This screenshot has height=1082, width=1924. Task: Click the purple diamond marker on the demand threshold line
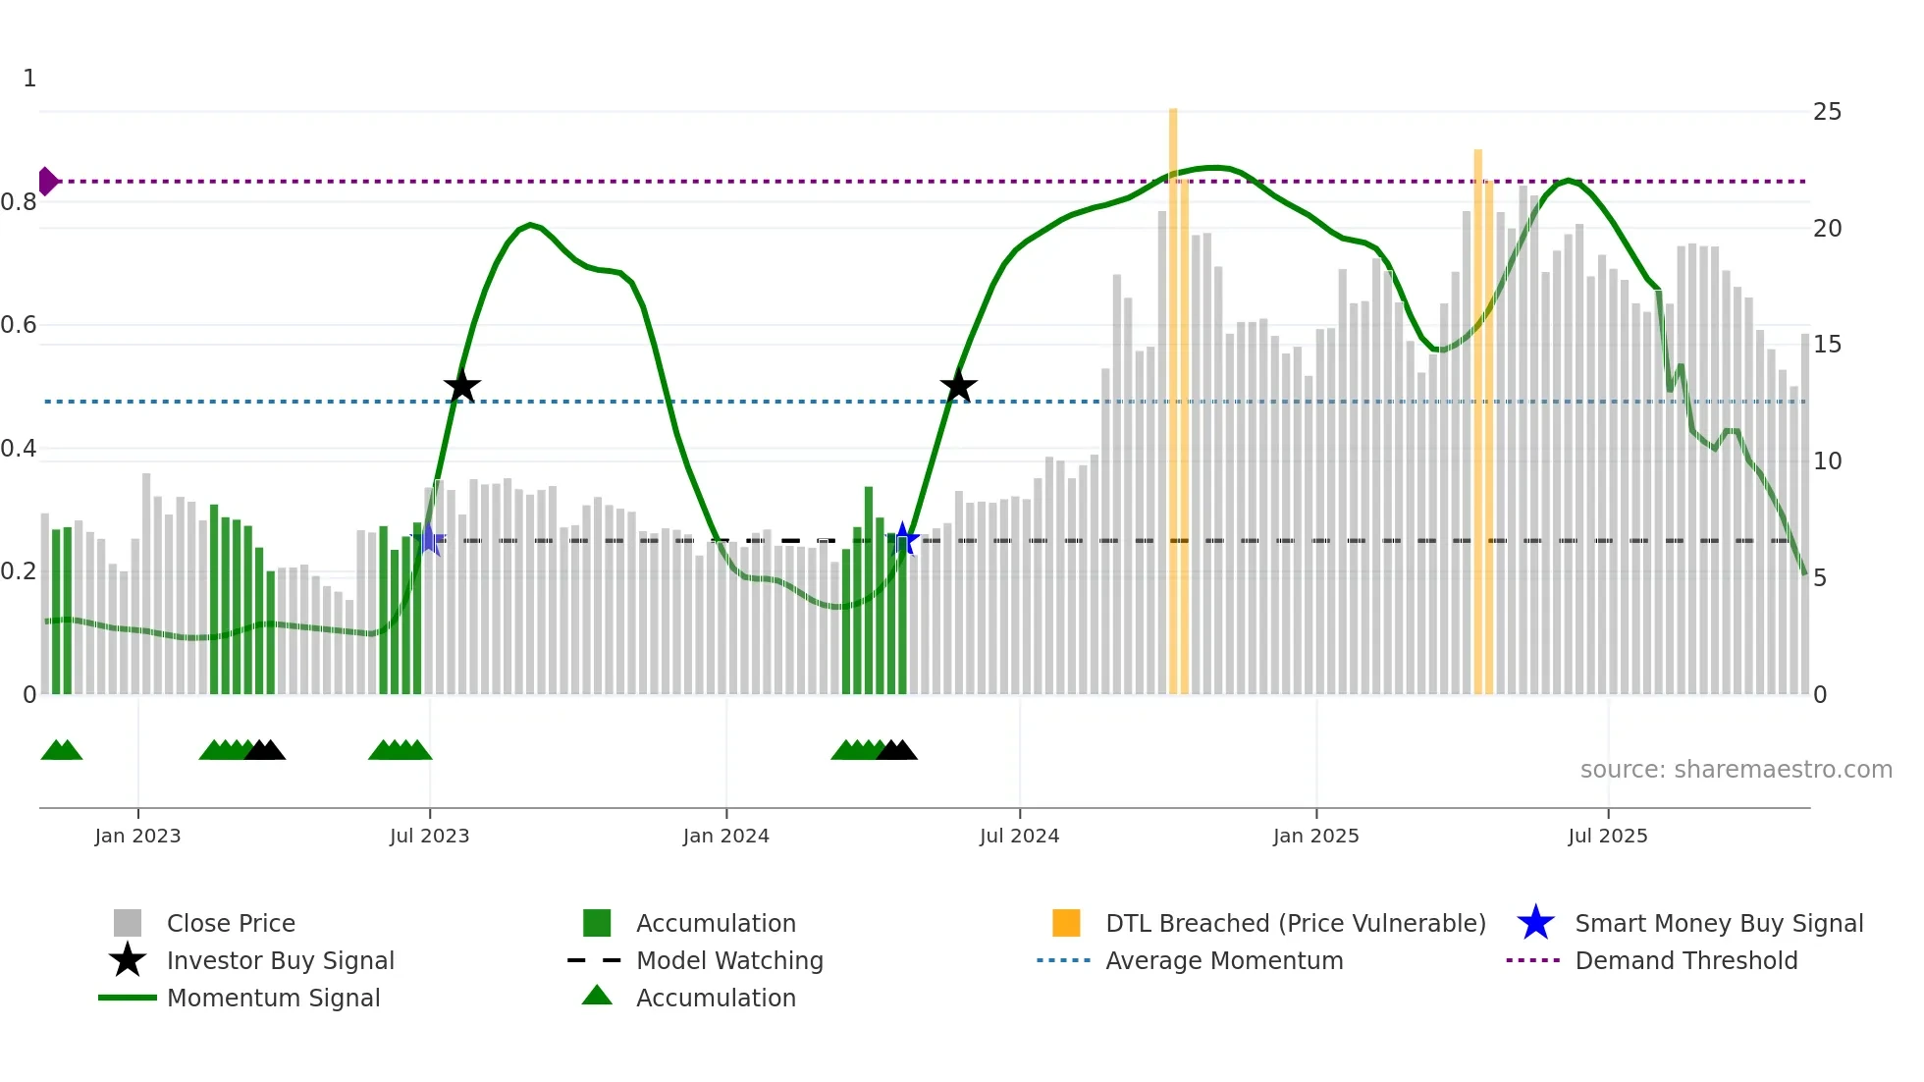[47, 182]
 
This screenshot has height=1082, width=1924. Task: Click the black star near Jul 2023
[461, 387]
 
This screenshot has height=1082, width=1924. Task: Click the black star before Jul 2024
[958, 387]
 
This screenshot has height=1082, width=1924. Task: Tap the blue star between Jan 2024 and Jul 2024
[903, 539]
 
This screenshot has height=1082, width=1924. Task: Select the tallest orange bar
[1173, 393]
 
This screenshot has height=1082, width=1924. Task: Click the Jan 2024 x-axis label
[725, 837]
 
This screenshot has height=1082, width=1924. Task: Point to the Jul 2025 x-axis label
[1607, 837]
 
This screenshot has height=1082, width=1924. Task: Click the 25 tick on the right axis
[1827, 112]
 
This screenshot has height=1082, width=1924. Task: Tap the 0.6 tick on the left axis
[19, 325]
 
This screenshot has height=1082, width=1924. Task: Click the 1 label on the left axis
[29, 79]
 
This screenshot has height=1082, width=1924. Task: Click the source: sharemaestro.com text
[1736, 770]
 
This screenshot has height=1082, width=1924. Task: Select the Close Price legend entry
[231, 924]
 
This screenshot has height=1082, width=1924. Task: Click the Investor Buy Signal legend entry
[280, 961]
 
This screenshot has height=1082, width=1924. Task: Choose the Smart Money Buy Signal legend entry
[1718, 924]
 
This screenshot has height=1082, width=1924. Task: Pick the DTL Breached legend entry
[1295, 924]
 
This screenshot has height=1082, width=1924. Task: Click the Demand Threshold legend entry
[1685, 961]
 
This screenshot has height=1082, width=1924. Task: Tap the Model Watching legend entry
[728, 961]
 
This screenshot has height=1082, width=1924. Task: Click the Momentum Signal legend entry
[273, 999]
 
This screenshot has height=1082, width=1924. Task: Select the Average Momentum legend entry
[1223, 961]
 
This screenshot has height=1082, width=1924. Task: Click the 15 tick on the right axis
[1827, 345]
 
